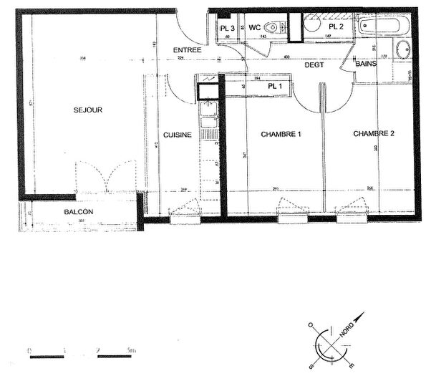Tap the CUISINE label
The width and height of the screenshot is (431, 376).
coord(177,134)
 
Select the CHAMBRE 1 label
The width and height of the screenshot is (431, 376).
coord(281,134)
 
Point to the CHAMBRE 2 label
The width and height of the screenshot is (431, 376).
coord(374,134)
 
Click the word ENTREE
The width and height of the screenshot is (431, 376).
coord(187,49)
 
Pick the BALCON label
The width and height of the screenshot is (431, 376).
coord(77,213)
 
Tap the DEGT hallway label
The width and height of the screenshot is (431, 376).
coord(314,64)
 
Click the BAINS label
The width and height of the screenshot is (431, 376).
coord(369,64)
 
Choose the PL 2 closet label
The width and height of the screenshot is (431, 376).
coord(336,26)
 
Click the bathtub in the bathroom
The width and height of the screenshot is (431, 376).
coord(383,27)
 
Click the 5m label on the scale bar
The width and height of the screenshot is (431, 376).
coord(130,350)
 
